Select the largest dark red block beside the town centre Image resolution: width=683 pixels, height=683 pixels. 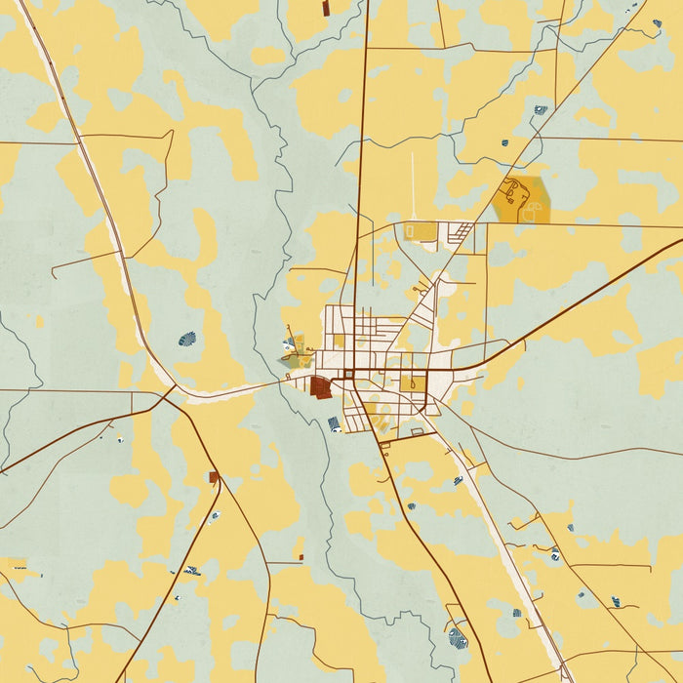(320, 387)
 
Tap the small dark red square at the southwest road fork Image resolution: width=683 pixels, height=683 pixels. (213, 477)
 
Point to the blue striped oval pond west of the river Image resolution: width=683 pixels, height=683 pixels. (187, 340)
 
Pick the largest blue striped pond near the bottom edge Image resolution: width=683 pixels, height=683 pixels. (457, 639)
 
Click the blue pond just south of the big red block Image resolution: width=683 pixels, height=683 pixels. (335, 423)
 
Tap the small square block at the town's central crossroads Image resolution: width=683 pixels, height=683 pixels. (348, 374)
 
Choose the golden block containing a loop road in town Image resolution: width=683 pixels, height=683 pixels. (414, 383)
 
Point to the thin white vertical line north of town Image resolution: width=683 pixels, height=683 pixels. (411, 185)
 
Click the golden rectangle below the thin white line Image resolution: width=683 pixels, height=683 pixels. (421, 231)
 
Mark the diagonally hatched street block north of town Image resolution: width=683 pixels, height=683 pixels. (462, 233)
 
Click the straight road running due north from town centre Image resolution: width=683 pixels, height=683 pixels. (362, 146)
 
